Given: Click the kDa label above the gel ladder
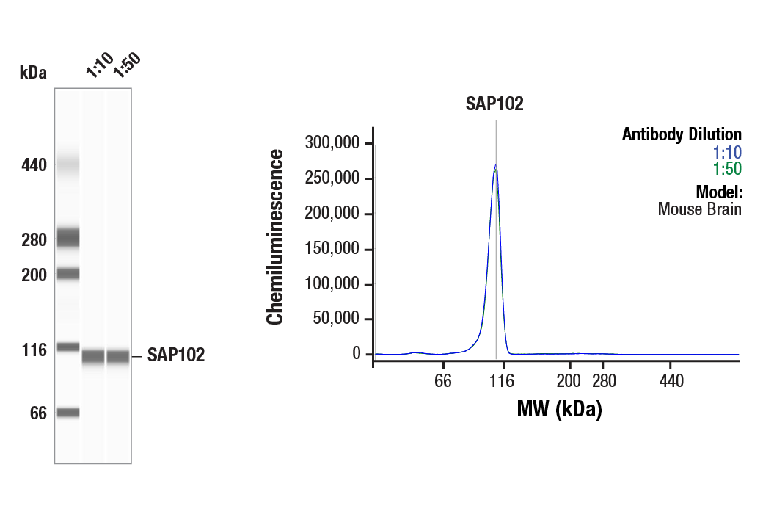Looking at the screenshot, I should [x=33, y=73].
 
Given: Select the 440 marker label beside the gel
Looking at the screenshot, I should [x=34, y=165].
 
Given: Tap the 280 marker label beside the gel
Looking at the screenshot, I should [x=34, y=240].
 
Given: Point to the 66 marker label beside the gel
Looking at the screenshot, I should [x=38, y=413].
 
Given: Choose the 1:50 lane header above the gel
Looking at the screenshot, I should [x=125, y=65].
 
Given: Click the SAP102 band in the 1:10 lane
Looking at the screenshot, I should [x=93, y=357].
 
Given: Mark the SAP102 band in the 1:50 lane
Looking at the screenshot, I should [x=118, y=357].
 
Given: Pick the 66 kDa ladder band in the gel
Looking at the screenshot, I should [x=67, y=413].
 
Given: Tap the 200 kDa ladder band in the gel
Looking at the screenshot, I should [x=67, y=274].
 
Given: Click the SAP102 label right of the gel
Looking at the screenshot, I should [x=175, y=355].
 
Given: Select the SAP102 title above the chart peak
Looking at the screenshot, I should [x=494, y=104].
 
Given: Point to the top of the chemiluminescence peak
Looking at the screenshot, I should [x=496, y=166].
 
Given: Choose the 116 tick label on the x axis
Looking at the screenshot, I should [x=501, y=381].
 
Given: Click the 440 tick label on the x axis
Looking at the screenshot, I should [x=671, y=381].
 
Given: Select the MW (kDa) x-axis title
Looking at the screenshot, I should [x=559, y=409].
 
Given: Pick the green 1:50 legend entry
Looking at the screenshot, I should [x=727, y=169].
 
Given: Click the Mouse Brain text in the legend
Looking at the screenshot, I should [x=699, y=209].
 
